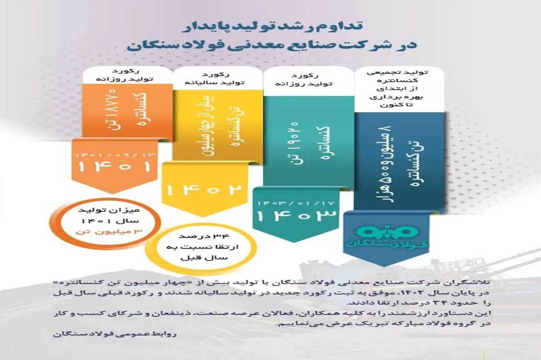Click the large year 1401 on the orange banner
point(115,167)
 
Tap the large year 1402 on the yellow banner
point(204,190)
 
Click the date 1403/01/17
point(296,204)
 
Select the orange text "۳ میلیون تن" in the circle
point(109,231)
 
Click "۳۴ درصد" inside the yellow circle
point(204,237)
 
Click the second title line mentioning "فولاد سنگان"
point(272,46)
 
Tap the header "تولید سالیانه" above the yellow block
point(215,83)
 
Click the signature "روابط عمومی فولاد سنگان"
point(115,334)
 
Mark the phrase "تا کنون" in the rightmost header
point(396,105)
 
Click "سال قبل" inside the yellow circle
point(204,258)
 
